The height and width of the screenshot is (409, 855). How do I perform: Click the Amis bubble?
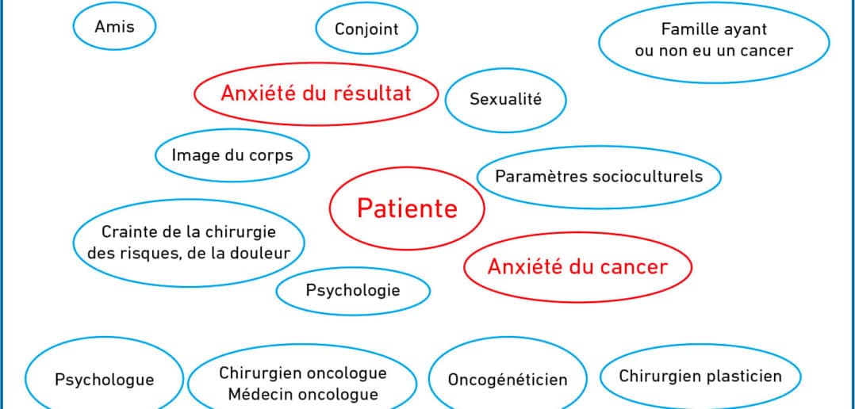pos(114,27)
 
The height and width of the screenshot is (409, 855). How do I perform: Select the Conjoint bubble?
pos(366,29)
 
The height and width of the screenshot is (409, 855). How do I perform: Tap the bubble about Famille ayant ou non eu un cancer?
pos(714,42)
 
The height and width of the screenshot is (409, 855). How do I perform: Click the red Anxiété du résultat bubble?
pos(316,94)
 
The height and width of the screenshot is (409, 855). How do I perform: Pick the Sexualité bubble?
pos(505,100)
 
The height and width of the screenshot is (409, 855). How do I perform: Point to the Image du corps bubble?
pos(232,155)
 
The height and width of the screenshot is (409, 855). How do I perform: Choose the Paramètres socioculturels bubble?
pos(599,177)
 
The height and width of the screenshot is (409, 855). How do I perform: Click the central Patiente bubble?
pos(407,208)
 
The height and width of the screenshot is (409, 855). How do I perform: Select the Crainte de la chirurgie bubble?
pos(189,243)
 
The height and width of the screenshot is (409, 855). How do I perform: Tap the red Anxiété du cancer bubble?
pos(577,267)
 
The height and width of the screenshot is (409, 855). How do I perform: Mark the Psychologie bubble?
pos(353,290)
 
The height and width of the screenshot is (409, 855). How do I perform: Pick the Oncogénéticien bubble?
pos(508,379)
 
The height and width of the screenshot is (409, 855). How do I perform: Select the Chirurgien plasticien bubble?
pos(700,377)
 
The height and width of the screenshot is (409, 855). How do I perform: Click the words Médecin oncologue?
pos(303,394)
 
